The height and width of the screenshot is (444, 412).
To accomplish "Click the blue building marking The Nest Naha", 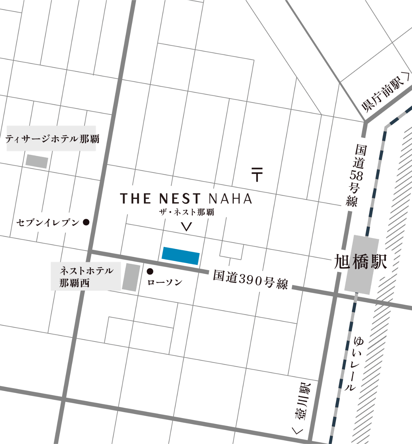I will [x=181, y=256].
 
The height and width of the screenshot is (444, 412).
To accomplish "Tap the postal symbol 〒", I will [x=257, y=174].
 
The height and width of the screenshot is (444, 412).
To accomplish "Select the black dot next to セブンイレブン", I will [x=86, y=222].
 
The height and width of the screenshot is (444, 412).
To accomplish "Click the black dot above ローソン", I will [x=150, y=271].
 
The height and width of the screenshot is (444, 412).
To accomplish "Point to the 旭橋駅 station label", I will [x=361, y=262].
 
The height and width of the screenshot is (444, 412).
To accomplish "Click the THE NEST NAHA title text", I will [x=186, y=199].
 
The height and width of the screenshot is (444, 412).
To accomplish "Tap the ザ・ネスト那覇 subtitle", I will [x=187, y=212].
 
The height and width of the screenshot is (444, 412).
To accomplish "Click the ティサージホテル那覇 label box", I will [x=51, y=138].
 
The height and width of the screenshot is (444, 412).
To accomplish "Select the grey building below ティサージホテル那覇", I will [x=37, y=161].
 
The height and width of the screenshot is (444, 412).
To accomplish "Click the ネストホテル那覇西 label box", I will [x=86, y=276].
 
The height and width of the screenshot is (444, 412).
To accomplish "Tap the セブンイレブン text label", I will [x=48, y=223].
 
